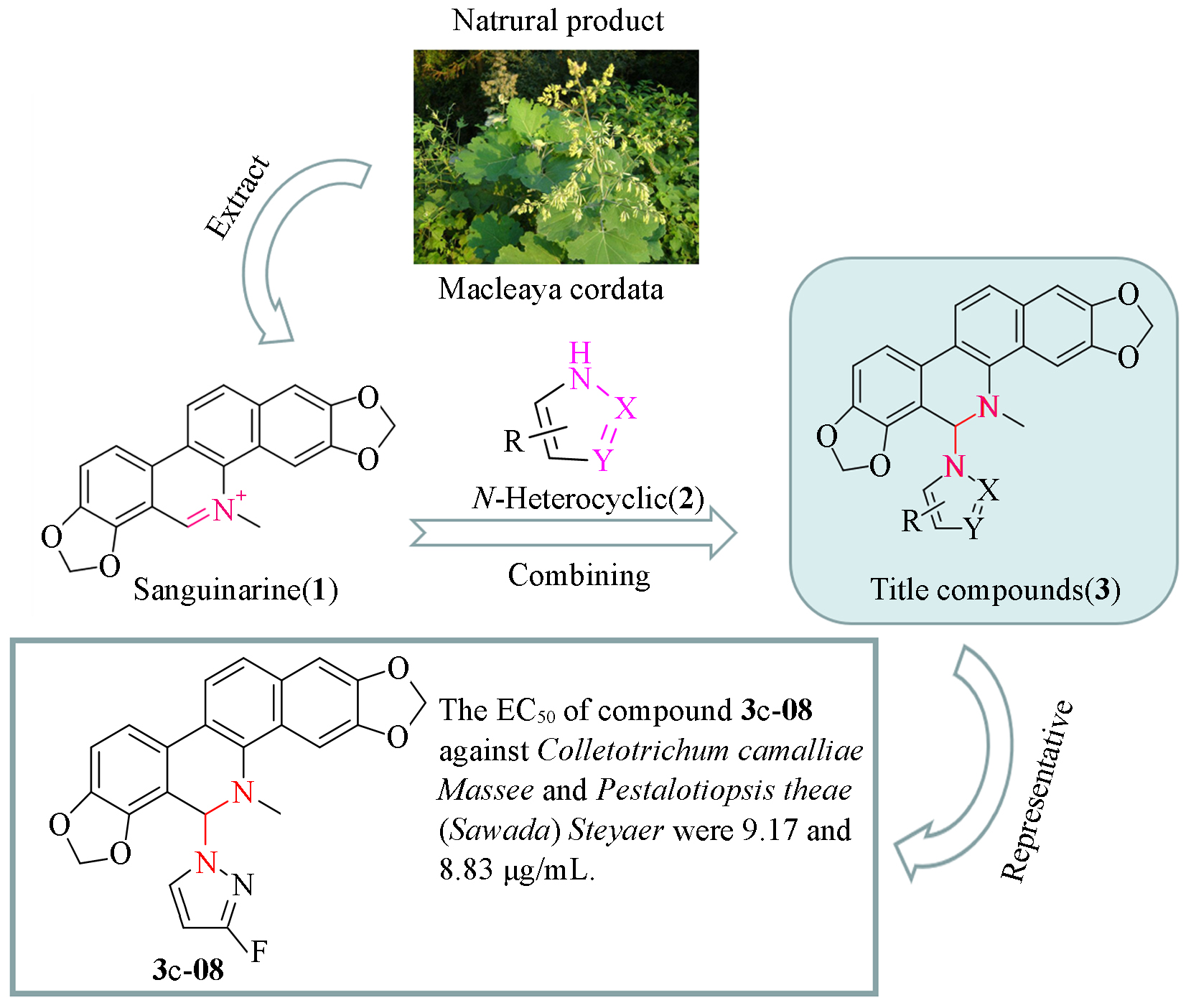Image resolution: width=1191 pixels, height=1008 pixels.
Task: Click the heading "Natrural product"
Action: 558,21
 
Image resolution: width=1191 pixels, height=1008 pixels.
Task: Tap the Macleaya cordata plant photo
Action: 556,157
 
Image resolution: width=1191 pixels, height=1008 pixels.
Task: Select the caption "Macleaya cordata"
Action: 551,289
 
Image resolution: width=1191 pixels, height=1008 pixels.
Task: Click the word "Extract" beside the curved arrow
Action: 238,196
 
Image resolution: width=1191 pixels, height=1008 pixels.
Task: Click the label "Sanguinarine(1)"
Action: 235,590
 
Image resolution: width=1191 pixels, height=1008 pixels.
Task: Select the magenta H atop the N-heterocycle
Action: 580,353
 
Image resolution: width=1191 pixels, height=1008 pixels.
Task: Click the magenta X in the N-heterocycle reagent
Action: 626,409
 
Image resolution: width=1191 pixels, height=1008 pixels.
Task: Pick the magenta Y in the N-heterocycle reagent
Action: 603,460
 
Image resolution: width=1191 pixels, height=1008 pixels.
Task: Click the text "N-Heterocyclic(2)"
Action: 588,498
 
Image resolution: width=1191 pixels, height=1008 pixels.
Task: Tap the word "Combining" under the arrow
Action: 579,576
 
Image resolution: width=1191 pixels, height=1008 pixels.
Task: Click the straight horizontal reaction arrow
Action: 573,533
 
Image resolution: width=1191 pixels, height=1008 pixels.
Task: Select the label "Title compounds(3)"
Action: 995,590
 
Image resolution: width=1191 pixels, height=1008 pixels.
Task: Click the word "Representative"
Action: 1038,790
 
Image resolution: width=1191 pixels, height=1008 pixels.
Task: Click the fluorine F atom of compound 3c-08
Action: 259,952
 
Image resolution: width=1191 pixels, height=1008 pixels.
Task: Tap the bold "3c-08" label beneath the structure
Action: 188,970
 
